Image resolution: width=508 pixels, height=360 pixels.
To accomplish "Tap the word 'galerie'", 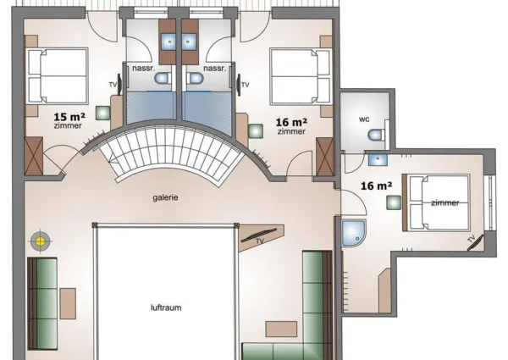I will coord(165,197).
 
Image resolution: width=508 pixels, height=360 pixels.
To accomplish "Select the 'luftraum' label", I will coord(166,307).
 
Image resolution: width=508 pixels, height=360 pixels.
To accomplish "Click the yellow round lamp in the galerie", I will coord(39,241).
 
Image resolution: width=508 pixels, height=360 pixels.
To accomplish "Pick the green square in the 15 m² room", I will coord(102,111).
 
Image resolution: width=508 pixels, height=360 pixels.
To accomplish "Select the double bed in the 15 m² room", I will coord(57,75).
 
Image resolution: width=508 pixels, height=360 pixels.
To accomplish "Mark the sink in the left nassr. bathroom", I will coord(168,40).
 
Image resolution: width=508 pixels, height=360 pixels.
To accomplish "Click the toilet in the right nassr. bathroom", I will coord(196,79).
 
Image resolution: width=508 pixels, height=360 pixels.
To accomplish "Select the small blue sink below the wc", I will coord(377,158).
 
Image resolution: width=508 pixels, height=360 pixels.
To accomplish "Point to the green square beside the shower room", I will coord(393,202).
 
